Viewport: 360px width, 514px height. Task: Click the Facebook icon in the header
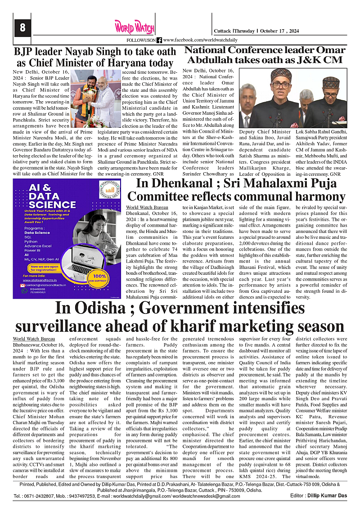coord(159,40)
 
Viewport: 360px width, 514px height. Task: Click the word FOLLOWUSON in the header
coord(141,40)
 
